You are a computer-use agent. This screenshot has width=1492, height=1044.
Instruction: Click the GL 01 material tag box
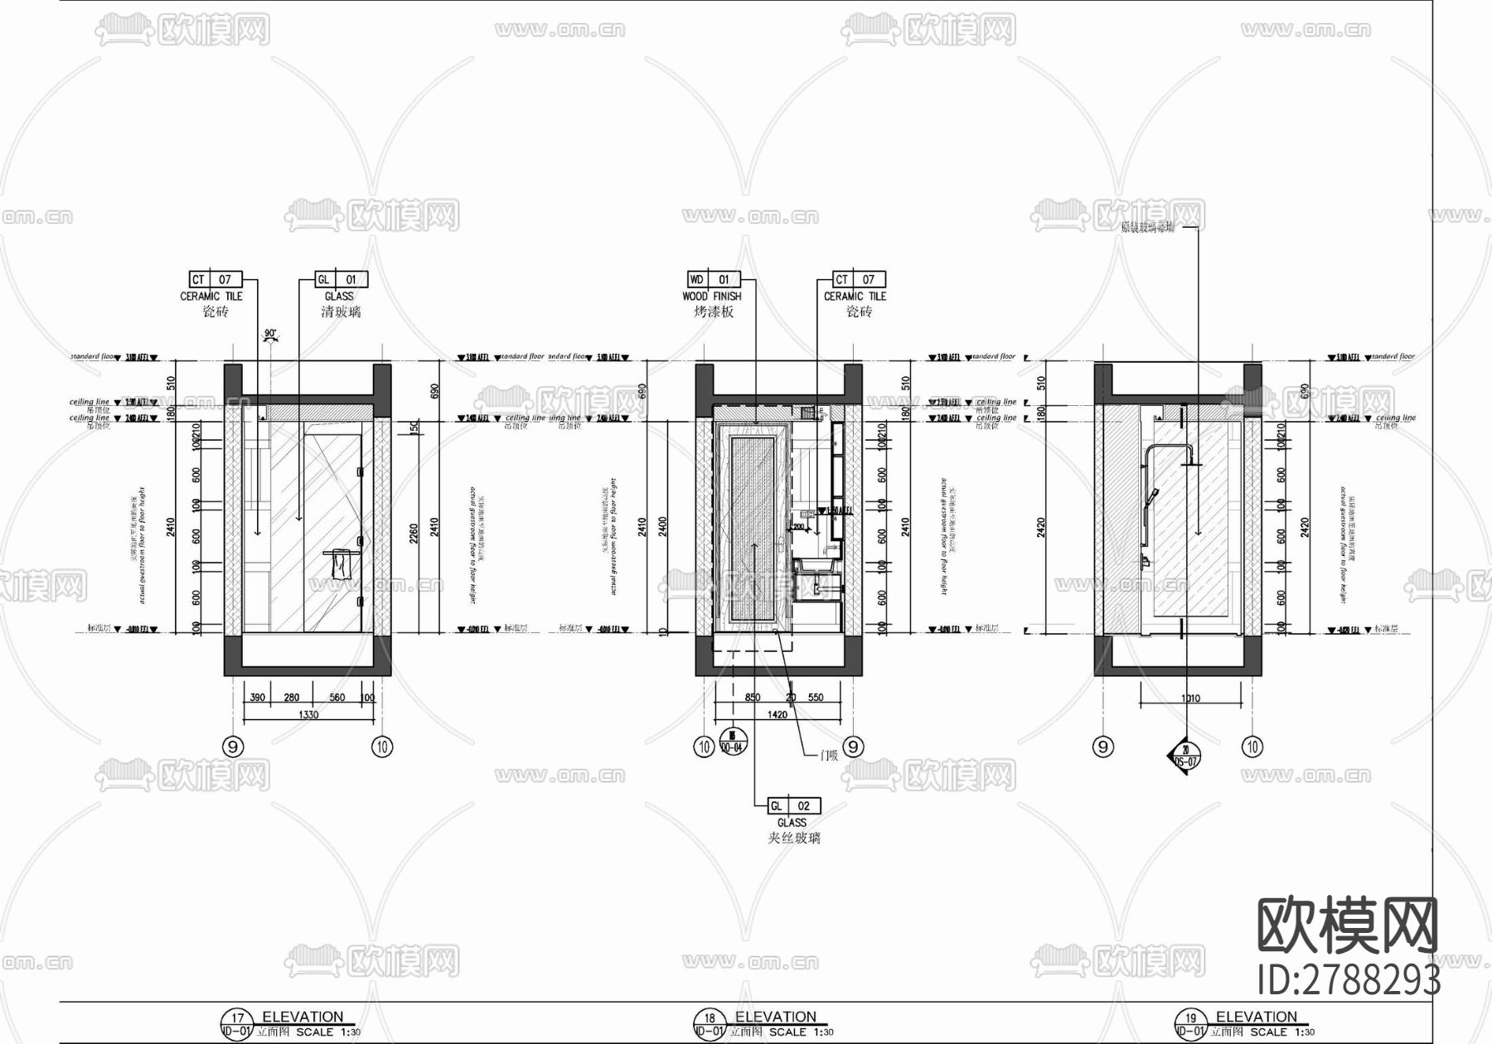click(x=341, y=279)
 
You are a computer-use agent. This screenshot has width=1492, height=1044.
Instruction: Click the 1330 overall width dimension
click(x=307, y=714)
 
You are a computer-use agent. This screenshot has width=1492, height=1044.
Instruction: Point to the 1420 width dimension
click(x=777, y=714)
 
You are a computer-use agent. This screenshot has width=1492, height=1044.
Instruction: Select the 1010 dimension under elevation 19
click(x=1190, y=698)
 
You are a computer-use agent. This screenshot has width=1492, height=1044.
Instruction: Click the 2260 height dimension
click(x=414, y=531)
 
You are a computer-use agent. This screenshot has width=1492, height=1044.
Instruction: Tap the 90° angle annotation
click(x=269, y=334)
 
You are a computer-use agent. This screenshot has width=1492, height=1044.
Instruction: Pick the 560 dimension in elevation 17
click(x=337, y=698)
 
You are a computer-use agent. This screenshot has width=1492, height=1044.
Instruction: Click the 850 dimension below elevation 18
click(x=752, y=698)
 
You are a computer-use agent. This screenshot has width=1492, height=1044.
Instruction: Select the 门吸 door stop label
click(x=828, y=755)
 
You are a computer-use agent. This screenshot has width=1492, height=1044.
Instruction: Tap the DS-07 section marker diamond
click(x=1186, y=754)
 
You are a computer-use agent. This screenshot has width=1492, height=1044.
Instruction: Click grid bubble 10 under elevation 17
click(x=381, y=747)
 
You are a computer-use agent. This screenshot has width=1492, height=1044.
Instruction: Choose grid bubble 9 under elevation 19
click(x=1102, y=747)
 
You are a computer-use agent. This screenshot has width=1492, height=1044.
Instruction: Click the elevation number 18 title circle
click(x=709, y=1019)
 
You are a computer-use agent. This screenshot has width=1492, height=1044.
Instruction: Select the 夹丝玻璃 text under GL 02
click(x=793, y=838)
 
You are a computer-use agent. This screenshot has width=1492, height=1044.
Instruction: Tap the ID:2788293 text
click(x=1349, y=979)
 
